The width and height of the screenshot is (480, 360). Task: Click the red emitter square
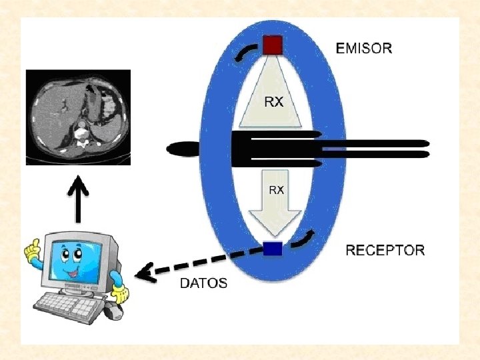272,46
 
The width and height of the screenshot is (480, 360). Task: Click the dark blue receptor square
272,249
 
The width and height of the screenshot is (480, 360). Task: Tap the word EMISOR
364,48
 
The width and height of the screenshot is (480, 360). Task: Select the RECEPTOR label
385,251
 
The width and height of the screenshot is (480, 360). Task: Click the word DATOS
203,283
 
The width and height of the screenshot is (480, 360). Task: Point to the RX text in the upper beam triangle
273,102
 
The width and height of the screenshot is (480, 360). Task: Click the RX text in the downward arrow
276,190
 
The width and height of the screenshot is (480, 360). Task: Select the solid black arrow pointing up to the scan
79,199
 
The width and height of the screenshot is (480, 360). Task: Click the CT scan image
79,117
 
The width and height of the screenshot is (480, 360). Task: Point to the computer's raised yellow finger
29,251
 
